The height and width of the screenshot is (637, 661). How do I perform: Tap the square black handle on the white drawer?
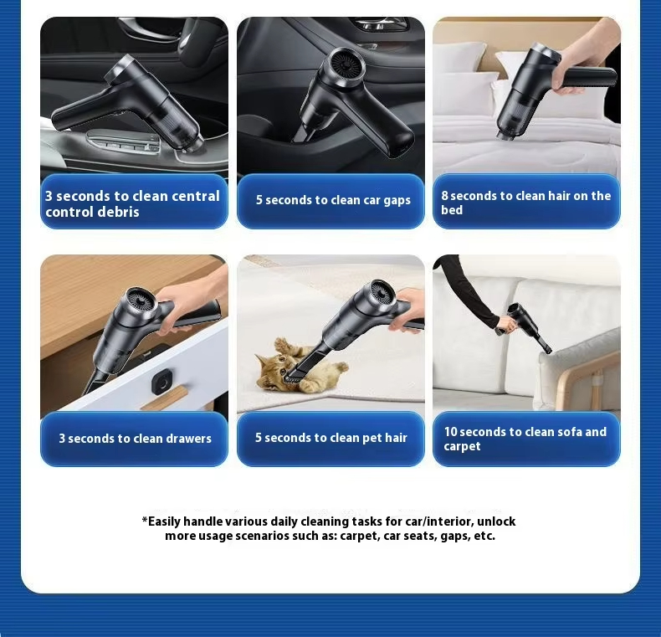(x=162, y=382)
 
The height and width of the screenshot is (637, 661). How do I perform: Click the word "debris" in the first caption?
(x=120, y=212)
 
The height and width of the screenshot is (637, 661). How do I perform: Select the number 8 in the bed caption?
(x=445, y=196)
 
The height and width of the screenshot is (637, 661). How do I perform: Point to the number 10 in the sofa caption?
(x=451, y=432)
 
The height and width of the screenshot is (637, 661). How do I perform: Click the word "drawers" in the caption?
(x=188, y=439)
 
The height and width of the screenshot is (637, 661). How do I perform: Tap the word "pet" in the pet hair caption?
(x=371, y=439)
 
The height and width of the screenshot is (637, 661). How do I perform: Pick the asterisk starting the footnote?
(x=145, y=520)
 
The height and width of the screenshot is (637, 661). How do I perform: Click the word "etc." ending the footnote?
(x=484, y=537)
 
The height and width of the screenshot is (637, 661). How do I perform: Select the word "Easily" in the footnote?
(x=164, y=521)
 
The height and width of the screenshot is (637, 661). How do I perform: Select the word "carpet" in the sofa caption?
(x=462, y=446)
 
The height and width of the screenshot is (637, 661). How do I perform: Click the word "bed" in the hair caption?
(x=452, y=210)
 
